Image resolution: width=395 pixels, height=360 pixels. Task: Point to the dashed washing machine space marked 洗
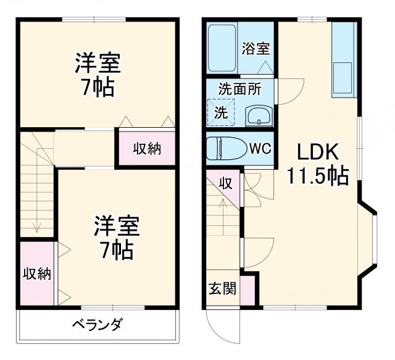[220, 112]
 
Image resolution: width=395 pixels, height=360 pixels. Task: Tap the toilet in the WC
[225, 149]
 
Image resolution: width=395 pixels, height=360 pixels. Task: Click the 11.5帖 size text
[317, 177]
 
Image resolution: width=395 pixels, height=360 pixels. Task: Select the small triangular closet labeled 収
[227, 185]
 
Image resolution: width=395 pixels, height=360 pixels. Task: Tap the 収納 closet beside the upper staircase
[147, 148]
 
